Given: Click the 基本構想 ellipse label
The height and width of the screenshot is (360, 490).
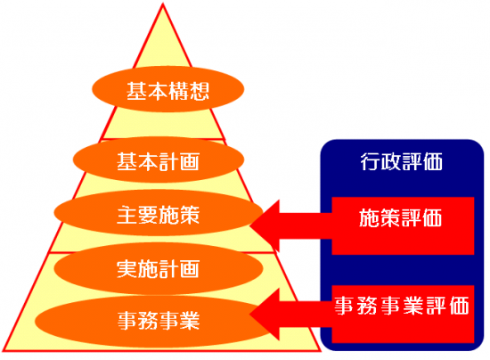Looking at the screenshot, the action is (x=167, y=89).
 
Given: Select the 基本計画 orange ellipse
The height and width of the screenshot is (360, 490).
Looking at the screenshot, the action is (x=159, y=160).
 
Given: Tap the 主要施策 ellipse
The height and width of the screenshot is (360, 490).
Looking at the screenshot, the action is (x=159, y=213).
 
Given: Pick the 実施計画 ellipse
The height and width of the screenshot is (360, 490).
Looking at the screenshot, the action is (x=159, y=268).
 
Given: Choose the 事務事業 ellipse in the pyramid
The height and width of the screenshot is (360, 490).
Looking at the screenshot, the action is (x=153, y=322).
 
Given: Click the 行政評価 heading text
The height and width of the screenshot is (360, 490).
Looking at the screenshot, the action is (x=402, y=162).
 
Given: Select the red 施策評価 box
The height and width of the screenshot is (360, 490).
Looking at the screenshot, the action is (x=403, y=225).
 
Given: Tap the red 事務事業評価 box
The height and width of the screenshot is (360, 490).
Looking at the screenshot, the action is (x=403, y=314).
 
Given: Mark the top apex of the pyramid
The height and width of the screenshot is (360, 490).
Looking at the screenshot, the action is (x=163, y=4).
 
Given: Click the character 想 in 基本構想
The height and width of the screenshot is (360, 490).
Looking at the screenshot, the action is (x=199, y=91).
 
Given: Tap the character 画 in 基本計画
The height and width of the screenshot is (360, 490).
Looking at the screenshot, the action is (x=190, y=161).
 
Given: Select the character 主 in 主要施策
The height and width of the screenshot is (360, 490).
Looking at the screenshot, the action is (x=127, y=215).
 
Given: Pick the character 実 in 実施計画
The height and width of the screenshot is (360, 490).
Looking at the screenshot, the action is (x=127, y=269).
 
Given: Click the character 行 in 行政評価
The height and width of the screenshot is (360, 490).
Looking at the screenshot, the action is (x=371, y=162).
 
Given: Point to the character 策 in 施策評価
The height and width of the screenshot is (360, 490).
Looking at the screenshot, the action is (x=390, y=217).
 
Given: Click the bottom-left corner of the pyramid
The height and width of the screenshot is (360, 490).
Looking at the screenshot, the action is (x=3, y=350).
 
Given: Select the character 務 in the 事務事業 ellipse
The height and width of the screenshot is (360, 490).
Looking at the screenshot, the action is (x=148, y=321).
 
